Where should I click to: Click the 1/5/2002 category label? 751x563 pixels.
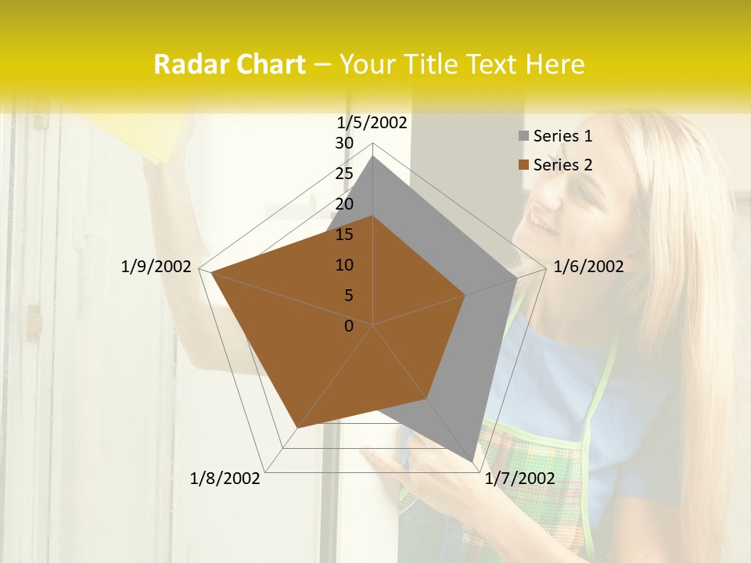(x=372, y=122)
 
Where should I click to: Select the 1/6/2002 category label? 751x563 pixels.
(x=588, y=267)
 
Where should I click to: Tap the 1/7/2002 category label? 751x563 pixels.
(x=519, y=479)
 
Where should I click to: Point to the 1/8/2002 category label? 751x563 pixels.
(x=225, y=479)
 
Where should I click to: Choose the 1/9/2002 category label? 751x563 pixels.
(x=156, y=267)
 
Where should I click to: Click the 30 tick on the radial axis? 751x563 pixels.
(x=344, y=143)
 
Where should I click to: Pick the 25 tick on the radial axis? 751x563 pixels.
(x=344, y=174)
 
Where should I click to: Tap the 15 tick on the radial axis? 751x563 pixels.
(x=344, y=235)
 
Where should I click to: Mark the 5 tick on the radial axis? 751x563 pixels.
(x=349, y=296)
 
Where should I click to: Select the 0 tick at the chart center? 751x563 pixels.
(x=349, y=326)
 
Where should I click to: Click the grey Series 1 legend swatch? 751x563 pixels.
(x=523, y=136)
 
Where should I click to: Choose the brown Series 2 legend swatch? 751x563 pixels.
(x=523, y=165)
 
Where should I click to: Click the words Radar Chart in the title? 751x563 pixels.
(x=229, y=64)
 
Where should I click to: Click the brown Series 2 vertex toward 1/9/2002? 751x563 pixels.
(x=211, y=273)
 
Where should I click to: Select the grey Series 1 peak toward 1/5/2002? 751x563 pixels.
(x=373, y=156)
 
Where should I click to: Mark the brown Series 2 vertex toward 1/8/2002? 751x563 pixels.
(x=297, y=429)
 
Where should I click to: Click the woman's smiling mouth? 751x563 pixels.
(x=545, y=225)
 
